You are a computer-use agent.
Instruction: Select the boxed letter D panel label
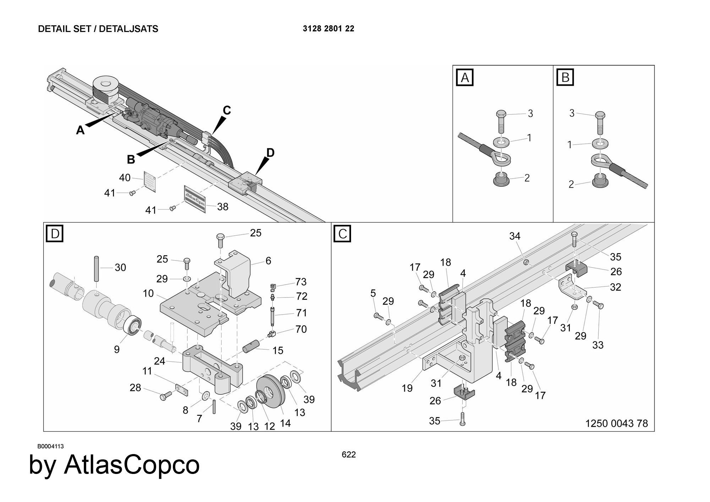tap(55, 234)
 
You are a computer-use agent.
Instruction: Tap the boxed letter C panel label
tap(343, 234)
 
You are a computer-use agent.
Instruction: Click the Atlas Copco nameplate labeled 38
tap(195, 199)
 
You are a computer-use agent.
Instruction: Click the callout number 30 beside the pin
tap(120, 267)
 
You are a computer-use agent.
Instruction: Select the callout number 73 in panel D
tap(301, 282)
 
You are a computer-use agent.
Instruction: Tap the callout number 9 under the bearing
tap(117, 349)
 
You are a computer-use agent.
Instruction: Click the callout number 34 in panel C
tap(515, 236)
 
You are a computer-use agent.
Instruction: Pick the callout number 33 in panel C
tap(598, 345)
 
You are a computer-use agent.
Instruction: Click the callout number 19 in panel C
tap(407, 388)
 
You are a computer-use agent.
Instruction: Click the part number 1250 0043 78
tap(616, 423)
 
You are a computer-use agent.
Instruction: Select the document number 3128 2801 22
tap(328, 29)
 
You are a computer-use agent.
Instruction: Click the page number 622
tap(349, 455)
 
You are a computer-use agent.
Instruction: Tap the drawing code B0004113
tap(51, 446)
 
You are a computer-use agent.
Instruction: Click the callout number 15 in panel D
tap(278, 350)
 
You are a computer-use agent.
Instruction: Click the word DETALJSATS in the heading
tap(129, 29)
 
